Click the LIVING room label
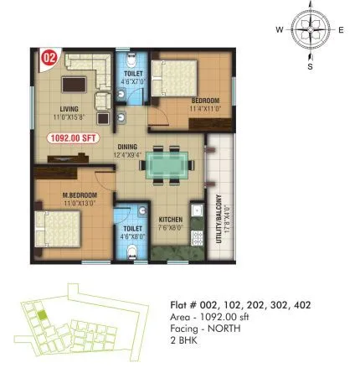[x=69, y=108]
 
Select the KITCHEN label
[x=171, y=220]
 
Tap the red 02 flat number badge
[x=49, y=59]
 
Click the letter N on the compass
[x=310, y=7]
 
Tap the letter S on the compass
[x=310, y=65]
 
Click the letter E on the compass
[x=341, y=30]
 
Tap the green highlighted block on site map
[x=39, y=314]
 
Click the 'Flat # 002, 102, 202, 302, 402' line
[x=239, y=306]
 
